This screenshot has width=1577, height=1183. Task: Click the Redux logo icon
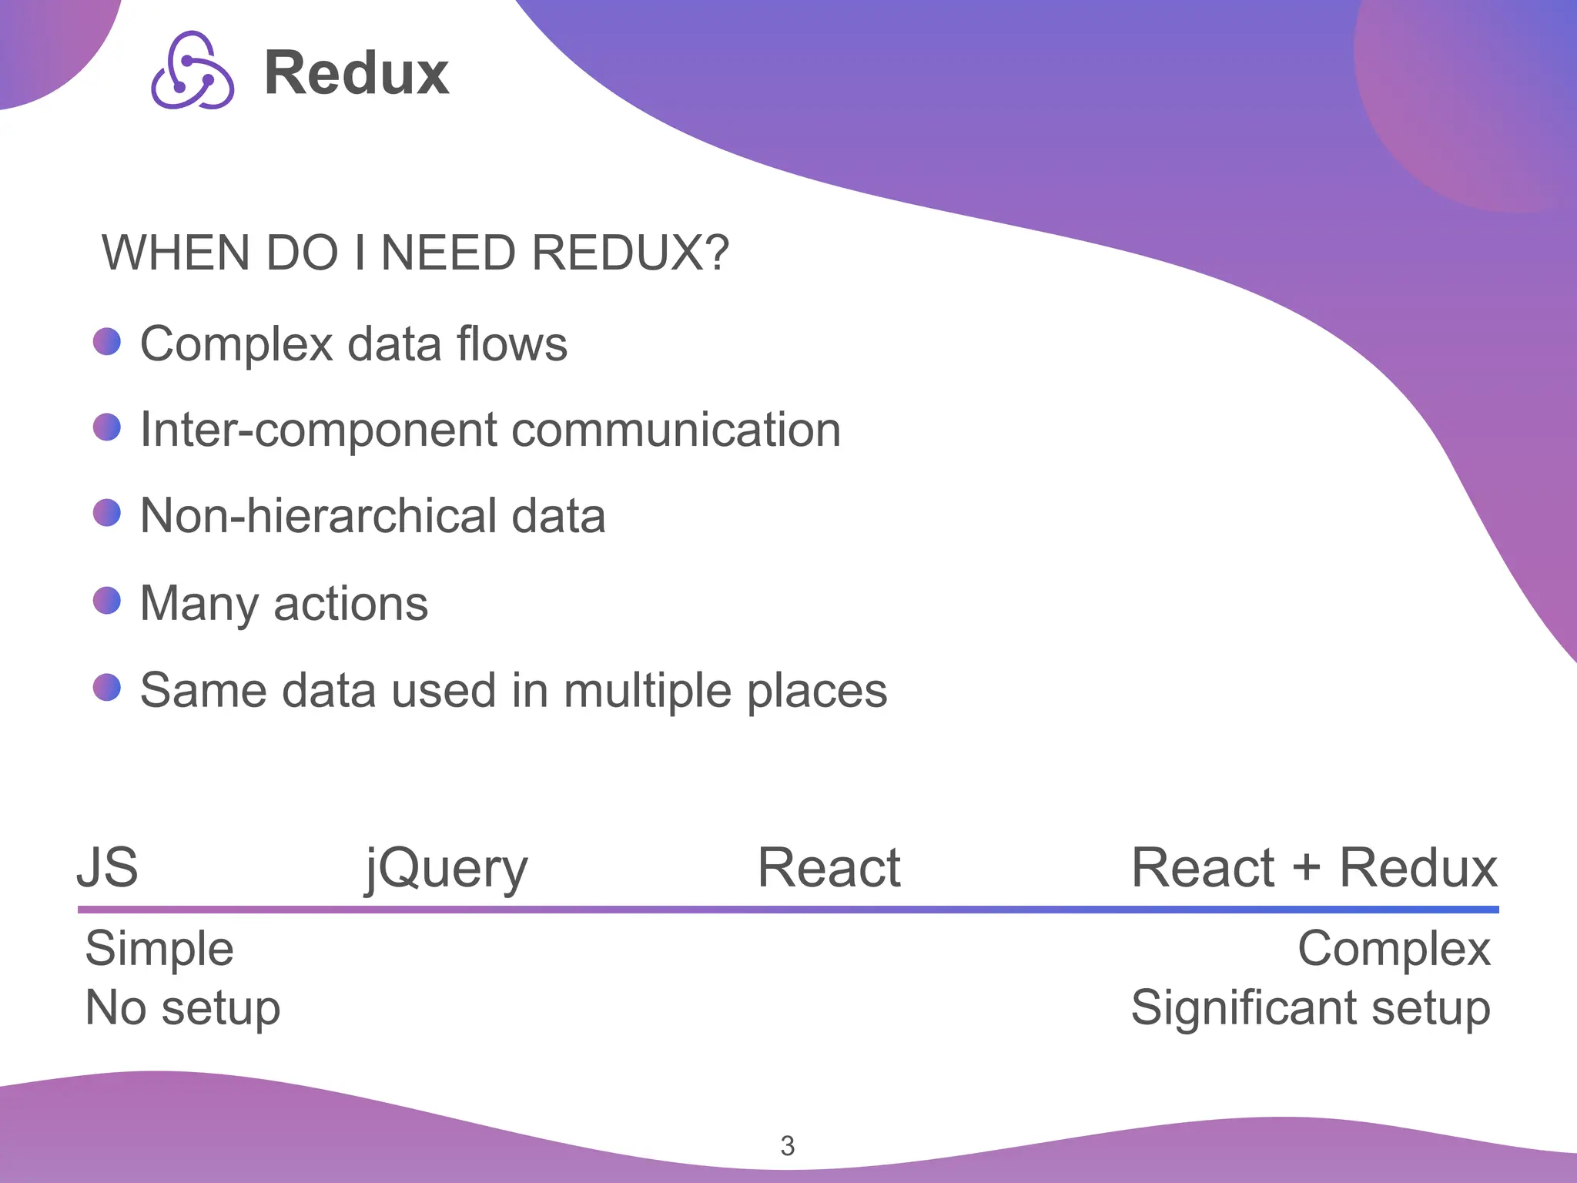[x=193, y=71]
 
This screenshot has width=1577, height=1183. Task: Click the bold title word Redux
[x=357, y=73]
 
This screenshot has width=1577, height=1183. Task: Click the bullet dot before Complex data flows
[x=107, y=341]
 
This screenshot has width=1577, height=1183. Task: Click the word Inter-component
[x=318, y=430]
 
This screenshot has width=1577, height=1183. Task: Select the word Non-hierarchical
[x=319, y=516]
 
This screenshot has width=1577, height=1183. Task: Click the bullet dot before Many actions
[x=107, y=601]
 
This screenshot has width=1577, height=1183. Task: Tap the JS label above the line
[x=108, y=868]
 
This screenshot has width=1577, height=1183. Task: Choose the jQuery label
[x=447, y=869]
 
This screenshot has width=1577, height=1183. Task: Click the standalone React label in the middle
[x=829, y=868]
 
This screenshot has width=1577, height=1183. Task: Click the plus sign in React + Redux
[x=1306, y=869]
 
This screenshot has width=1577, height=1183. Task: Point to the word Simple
[x=159, y=948]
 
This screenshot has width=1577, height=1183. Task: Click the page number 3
[x=787, y=1146]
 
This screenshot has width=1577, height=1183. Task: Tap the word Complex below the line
[x=1394, y=948]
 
